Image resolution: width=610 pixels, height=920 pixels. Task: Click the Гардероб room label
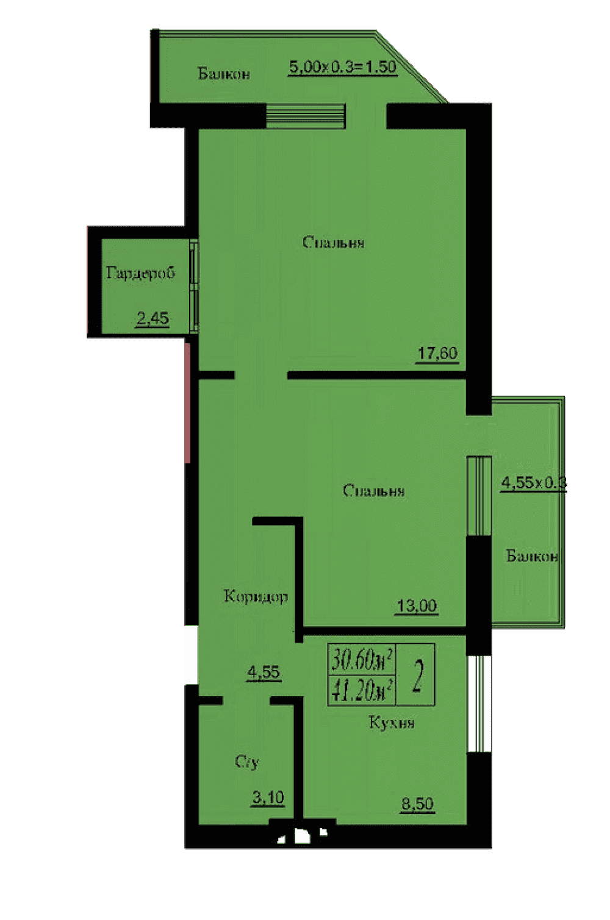click(x=140, y=273)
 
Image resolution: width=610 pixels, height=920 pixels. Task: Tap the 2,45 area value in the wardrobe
click(x=152, y=318)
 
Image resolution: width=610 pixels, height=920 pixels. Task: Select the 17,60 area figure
click(x=437, y=353)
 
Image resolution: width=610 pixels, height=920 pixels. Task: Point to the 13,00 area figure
click(x=417, y=606)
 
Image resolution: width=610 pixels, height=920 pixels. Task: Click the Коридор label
click(x=256, y=596)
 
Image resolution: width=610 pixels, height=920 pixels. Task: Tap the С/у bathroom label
click(x=247, y=762)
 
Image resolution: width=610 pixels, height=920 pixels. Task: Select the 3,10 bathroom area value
click(x=268, y=797)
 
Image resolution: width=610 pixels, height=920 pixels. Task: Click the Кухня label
click(x=392, y=722)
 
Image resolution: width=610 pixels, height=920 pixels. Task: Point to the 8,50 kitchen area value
click(x=418, y=804)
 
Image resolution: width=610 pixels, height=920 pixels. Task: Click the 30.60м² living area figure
click(x=362, y=660)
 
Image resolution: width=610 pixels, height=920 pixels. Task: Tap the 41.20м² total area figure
click(x=362, y=690)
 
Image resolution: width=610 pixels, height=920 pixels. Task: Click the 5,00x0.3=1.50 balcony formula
click(x=343, y=67)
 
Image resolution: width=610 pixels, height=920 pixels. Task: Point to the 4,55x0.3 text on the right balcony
click(x=534, y=483)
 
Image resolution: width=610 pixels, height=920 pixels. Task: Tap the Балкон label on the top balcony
click(x=224, y=74)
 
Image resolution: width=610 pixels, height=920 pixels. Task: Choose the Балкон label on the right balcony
click(x=532, y=556)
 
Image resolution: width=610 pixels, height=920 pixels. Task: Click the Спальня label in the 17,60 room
click(x=333, y=242)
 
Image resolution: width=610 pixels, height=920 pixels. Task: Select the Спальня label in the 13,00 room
click(x=374, y=490)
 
